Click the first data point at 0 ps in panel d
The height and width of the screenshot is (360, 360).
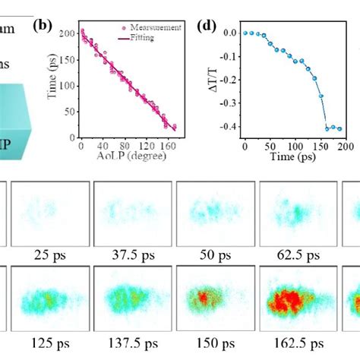coord(245,33)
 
